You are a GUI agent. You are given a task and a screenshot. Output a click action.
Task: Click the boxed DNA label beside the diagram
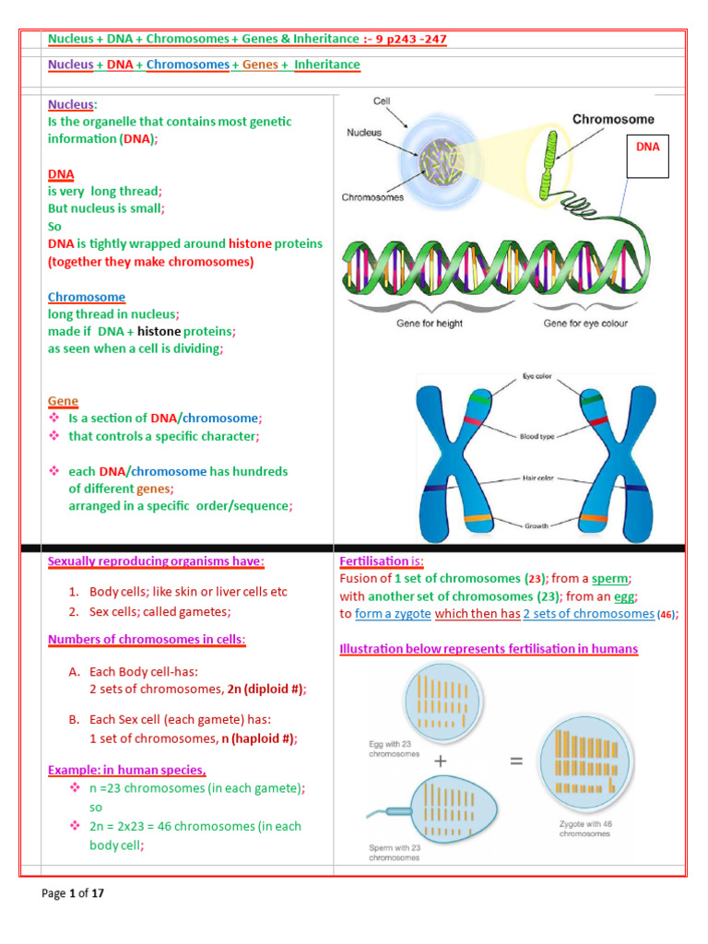654,147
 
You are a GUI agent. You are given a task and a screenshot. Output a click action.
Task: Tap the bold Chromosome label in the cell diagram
614,119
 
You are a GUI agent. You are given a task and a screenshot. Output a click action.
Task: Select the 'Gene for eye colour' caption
586,324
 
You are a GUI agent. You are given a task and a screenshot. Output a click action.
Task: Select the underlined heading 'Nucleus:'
71,105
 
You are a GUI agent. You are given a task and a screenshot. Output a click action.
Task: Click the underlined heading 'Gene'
63,401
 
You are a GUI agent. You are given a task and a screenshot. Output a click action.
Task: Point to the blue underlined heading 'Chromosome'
86,297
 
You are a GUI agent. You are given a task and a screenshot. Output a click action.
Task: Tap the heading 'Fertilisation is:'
381,560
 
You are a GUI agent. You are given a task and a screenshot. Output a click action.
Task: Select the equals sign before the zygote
516,762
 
